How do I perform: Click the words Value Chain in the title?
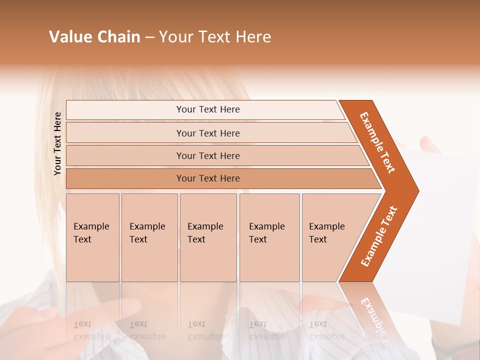94,37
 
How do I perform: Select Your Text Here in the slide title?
215,37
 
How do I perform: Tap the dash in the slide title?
149,37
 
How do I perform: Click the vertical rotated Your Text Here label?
57,144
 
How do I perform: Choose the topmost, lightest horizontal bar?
208,109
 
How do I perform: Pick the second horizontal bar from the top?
208,133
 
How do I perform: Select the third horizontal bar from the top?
208,155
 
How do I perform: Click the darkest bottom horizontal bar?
208,178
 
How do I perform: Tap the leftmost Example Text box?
92,237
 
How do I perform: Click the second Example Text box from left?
149,237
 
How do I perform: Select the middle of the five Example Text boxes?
208,237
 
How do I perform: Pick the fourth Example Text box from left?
269,237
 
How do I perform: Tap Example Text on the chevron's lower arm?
378,236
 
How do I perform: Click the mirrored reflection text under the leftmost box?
91,330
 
